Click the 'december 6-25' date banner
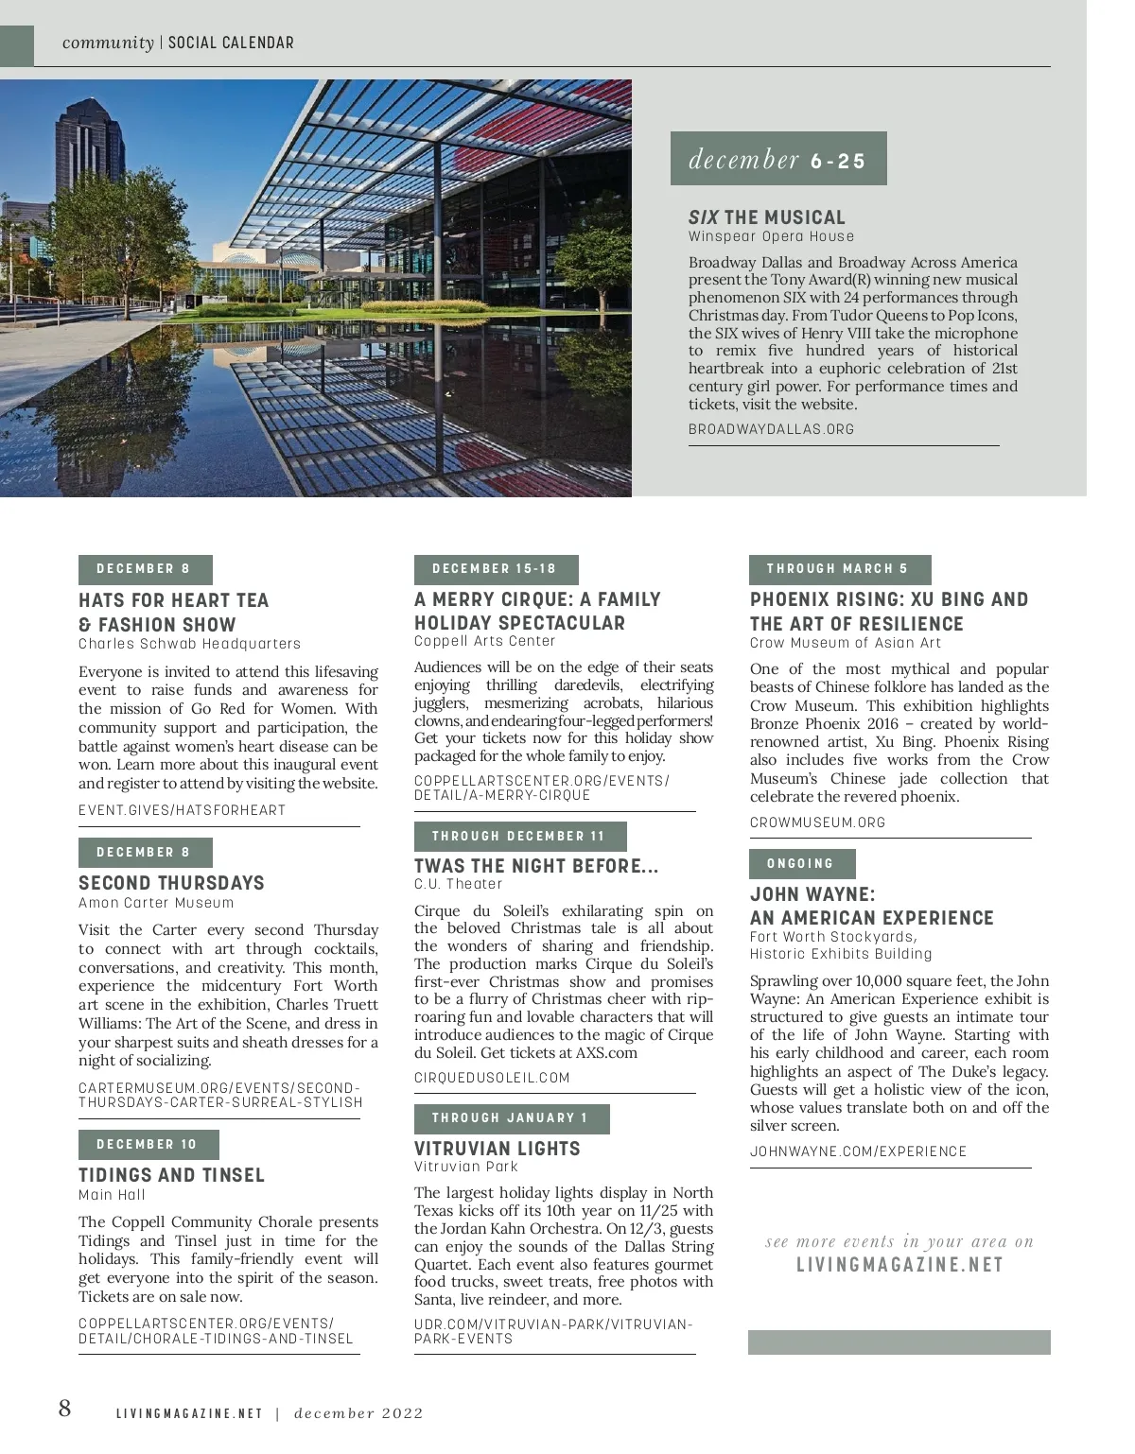point(777,159)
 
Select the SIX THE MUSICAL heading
point(766,217)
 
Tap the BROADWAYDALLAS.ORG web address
point(771,429)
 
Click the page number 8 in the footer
point(64,1409)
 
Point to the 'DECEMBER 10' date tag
point(148,1144)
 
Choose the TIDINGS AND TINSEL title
point(171,1175)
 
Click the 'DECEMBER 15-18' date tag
point(495,569)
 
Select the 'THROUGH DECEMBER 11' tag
point(519,836)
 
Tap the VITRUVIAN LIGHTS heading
point(498,1149)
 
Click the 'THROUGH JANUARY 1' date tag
point(511,1118)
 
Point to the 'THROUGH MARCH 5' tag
point(838,569)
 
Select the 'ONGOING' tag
point(801,863)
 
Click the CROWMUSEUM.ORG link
point(817,822)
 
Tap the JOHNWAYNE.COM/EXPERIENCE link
point(858,1151)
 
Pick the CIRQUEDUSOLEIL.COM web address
point(492,1078)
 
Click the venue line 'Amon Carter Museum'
point(156,903)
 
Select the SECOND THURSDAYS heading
point(171,883)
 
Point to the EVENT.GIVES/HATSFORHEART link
point(182,810)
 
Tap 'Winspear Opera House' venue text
point(771,236)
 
